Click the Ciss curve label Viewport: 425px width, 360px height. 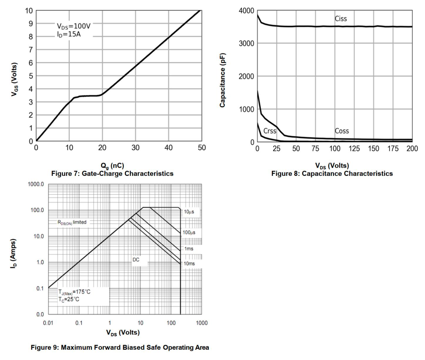point(341,19)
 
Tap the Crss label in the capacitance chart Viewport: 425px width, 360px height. point(270,131)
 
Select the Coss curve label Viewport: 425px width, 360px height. point(342,131)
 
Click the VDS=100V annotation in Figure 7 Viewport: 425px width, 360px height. point(73,26)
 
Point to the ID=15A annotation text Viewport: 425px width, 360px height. point(69,34)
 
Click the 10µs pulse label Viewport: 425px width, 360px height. point(189,212)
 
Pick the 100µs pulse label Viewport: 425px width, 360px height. point(189,233)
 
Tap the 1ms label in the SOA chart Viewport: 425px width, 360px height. point(189,249)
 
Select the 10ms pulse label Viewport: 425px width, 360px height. point(189,263)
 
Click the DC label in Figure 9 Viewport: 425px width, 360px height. point(136,260)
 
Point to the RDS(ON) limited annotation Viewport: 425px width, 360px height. point(72,222)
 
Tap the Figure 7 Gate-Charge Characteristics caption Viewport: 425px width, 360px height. point(112,174)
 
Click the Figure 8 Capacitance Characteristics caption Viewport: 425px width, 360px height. point(332,174)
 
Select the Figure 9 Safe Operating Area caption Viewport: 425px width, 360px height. point(120,347)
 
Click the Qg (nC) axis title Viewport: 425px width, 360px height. point(112,166)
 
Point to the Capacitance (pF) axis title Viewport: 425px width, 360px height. point(222,80)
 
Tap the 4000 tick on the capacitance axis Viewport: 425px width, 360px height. point(246,11)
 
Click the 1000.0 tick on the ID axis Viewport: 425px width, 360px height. point(36,184)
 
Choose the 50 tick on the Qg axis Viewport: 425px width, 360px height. point(202,148)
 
